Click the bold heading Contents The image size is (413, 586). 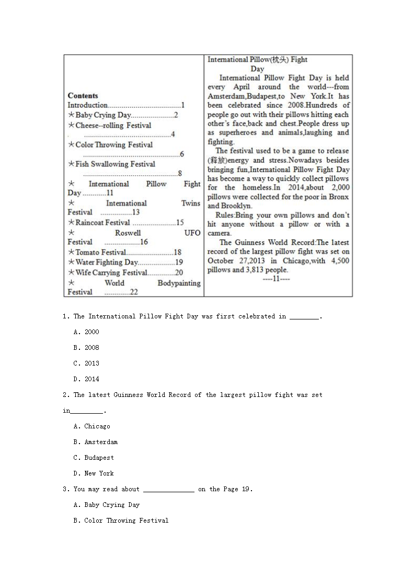tap(83, 96)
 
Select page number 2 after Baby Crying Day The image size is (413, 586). tap(176, 115)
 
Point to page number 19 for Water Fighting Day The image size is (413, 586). tap(179, 262)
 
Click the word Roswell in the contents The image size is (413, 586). tap(128, 233)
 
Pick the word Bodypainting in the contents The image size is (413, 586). tap(179, 283)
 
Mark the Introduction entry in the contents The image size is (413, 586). tap(87, 105)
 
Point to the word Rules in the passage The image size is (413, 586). tap(224, 215)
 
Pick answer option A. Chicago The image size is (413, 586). tap(92, 426)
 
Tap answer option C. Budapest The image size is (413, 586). tap(94, 458)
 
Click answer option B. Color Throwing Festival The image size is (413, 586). tap(121, 521)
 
